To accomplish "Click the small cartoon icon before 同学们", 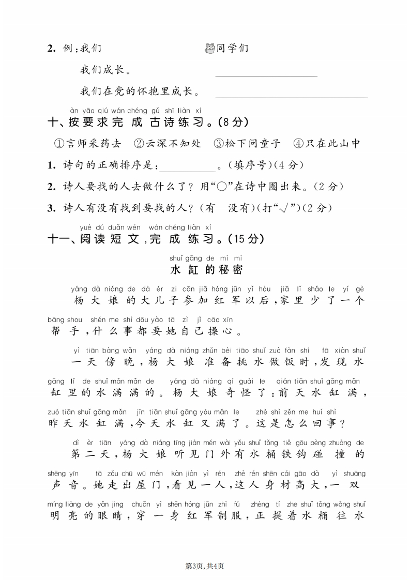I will coord(209,49).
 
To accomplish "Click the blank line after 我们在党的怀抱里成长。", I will coord(291,97).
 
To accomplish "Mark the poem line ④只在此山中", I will coord(326,143).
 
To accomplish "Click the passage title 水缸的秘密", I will coord(206,269).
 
